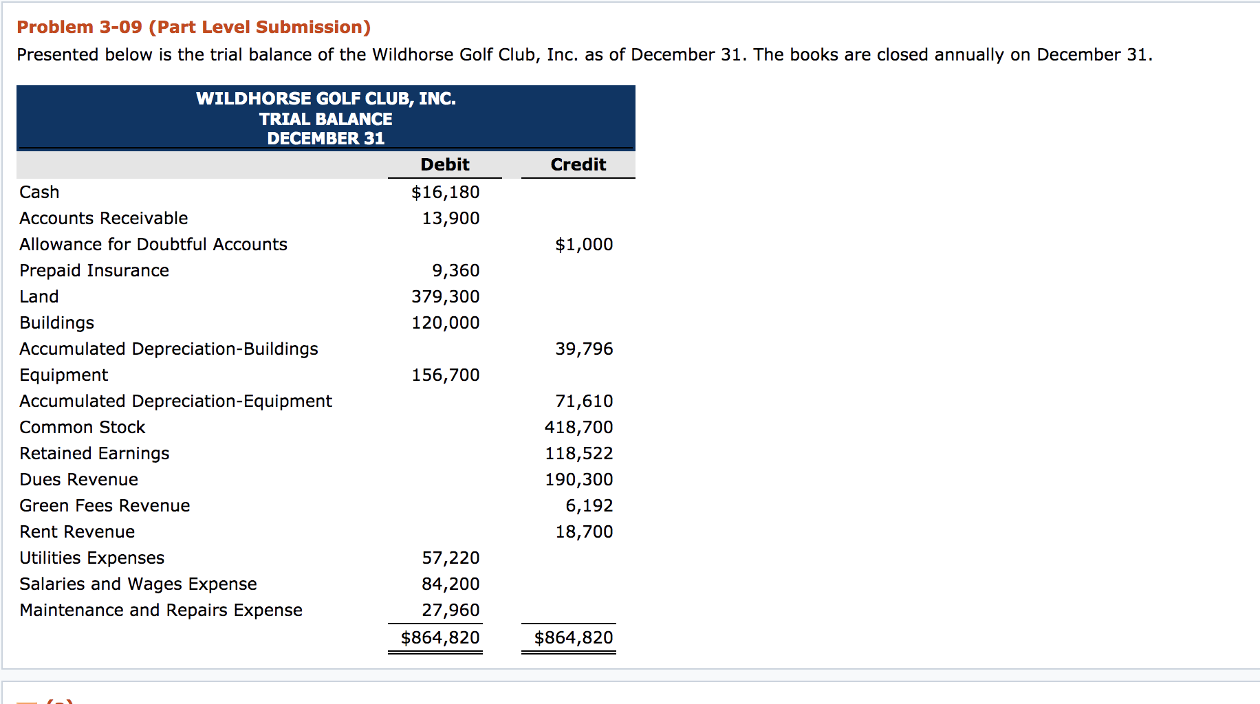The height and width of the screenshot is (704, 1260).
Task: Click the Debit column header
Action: coord(445,165)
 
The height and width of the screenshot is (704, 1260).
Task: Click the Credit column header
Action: coord(578,165)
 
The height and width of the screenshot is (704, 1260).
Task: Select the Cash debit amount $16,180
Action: coord(445,192)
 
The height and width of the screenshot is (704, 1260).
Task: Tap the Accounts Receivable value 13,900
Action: coord(450,219)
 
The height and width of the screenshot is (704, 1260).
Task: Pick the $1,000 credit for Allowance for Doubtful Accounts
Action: coord(584,245)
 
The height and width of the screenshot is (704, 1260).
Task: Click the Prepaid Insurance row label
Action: coord(94,271)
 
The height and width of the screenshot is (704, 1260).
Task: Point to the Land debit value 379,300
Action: coord(445,297)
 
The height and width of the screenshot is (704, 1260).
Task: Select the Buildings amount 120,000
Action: coord(445,323)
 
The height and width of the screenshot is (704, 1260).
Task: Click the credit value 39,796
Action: coord(584,349)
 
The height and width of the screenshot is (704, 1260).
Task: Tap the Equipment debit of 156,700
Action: coord(445,375)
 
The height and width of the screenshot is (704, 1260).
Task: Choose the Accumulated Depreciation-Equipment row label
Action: coord(175,401)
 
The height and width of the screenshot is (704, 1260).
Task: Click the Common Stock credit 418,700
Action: coord(578,428)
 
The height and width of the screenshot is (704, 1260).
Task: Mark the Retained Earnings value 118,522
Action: coord(578,454)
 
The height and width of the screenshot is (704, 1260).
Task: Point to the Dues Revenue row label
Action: coord(78,480)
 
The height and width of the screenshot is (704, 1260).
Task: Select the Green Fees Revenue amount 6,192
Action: coord(589,506)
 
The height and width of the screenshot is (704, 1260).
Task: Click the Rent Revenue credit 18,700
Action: coord(584,532)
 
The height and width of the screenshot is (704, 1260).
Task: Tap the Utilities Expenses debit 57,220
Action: coord(450,558)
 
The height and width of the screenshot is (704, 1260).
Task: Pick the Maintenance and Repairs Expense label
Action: coord(161,610)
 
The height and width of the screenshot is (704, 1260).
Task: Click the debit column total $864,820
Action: coord(440,638)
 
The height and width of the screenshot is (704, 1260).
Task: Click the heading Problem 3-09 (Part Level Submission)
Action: coord(193,27)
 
